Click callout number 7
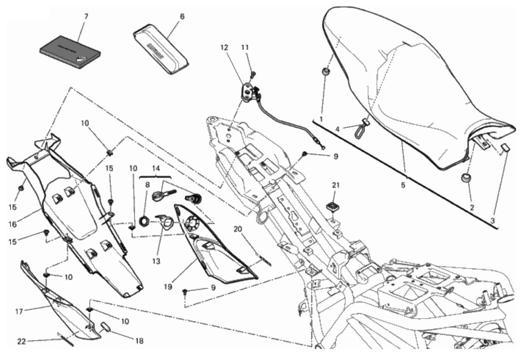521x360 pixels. pos(86,16)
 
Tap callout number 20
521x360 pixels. pos(238,229)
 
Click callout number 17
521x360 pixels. pos(18,311)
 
